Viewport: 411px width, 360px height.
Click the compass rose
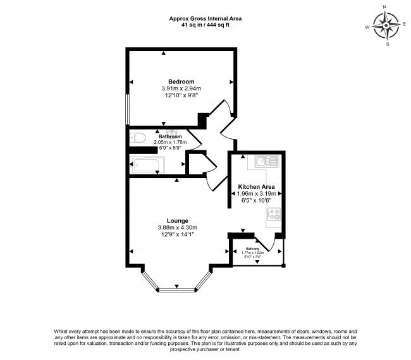385,27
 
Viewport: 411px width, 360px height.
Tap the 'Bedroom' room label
181,81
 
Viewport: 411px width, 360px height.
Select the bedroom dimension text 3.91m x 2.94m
181,88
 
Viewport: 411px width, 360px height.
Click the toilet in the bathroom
137,138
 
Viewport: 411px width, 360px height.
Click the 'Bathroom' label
170,136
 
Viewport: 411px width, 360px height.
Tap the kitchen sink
264,162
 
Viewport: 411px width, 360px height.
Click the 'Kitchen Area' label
256,187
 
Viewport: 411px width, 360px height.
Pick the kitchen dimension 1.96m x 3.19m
256,194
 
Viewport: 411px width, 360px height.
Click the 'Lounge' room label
177,220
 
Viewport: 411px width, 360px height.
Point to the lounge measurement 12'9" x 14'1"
177,234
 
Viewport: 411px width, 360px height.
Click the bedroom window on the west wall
128,109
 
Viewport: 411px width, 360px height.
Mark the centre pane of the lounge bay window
176,291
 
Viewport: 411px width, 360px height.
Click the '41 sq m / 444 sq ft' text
205,25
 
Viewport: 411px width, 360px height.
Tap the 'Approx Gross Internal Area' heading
205,18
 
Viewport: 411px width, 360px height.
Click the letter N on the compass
385,8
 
